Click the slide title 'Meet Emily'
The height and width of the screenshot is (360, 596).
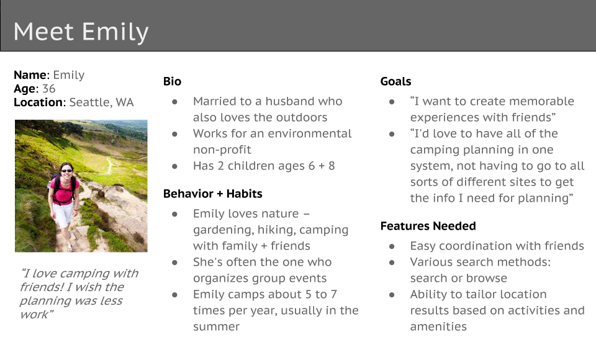click(x=81, y=32)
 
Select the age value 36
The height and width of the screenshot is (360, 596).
click(x=48, y=89)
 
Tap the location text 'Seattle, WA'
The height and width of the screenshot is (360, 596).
click(x=101, y=102)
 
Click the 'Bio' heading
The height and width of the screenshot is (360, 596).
click(x=172, y=81)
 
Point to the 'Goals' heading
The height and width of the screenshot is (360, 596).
click(x=395, y=81)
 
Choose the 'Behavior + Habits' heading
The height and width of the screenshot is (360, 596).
click(x=212, y=194)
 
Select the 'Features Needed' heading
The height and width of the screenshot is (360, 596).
click(x=428, y=226)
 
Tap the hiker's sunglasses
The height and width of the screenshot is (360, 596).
click(x=66, y=171)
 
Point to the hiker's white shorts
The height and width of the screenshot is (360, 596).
click(x=63, y=214)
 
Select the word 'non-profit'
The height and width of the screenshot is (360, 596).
click(x=222, y=150)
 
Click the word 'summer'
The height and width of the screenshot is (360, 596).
click(x=216, y=327)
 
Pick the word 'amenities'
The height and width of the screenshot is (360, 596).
click(x=438, y=327)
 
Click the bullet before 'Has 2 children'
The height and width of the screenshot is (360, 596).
click(x=175, y=166)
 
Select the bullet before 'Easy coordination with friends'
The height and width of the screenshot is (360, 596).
click(x=392, y=246)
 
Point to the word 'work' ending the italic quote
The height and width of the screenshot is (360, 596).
click(x=35, y=315)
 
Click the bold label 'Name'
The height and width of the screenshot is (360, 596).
click(x=31, y=75)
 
